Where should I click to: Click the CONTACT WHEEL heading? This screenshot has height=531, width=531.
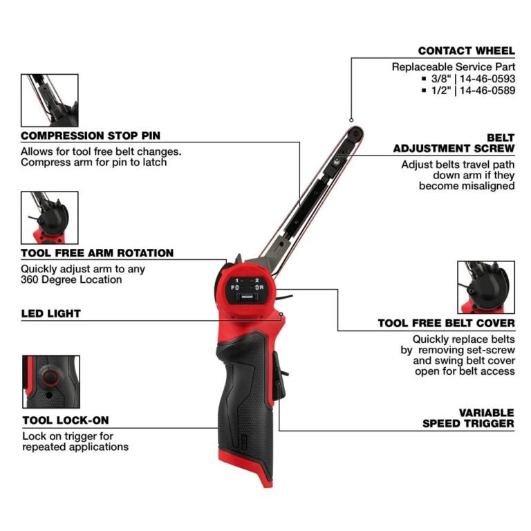[x=466, y=50]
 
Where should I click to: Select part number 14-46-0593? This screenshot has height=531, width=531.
[x=483, y=78]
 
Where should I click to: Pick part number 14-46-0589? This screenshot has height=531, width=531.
[x=483, y=90]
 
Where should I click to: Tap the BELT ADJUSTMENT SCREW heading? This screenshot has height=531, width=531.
[x=454, y=143]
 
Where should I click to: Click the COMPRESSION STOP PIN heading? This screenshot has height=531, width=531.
[x=91, y=136]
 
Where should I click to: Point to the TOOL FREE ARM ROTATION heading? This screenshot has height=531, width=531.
[x=97, y=253]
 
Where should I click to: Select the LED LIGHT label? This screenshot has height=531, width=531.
[x=50, y=313]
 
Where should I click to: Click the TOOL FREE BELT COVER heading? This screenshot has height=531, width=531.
[x=446, y=323]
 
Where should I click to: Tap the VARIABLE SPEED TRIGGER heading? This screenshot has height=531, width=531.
[x=468, y=417]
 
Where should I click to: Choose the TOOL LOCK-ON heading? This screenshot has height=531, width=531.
[x=65, y=420]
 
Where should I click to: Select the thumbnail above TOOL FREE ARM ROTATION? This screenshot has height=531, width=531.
[x=50, y=218]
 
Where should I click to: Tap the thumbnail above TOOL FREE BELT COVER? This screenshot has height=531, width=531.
[x=486, y=287]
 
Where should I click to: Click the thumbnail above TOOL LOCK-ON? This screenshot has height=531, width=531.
[x=50, y=382]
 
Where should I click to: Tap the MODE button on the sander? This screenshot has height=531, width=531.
[x=246, y=299]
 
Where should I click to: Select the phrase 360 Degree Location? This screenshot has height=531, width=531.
[x=71, y=280]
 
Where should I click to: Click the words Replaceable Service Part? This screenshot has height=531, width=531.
[x=453, y=67]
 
